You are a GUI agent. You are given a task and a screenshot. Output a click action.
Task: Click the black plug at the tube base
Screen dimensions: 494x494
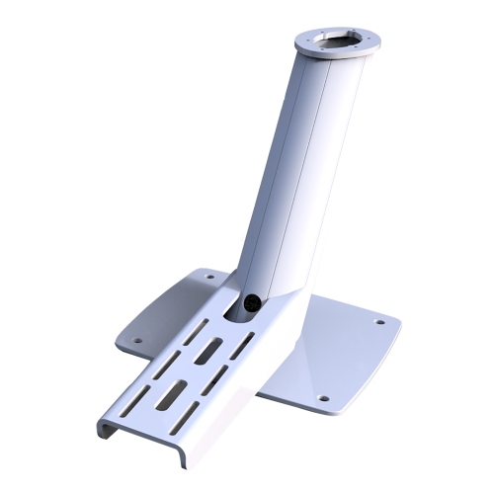[x=252, y=304]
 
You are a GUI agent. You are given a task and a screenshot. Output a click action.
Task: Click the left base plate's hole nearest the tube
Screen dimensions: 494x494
[x=208, y=278]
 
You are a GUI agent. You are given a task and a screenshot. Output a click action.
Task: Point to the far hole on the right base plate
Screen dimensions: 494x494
[x=380, y=321]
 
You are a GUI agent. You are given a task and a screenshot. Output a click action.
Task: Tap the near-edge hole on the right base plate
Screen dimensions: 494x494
[x=321, y=398]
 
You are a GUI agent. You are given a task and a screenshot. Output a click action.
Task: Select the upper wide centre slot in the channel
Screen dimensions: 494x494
[x=211, y=350]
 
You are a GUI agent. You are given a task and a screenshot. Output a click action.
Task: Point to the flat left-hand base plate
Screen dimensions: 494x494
[x=168, y=311]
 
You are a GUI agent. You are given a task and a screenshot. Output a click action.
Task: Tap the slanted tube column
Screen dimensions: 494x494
[x=296, y=168]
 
